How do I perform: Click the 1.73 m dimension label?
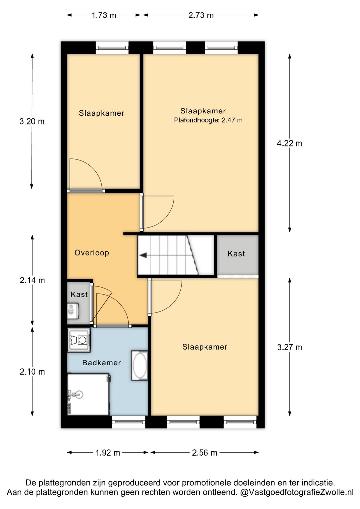[x=104, y=15]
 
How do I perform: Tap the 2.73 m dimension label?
[x=201, y=15]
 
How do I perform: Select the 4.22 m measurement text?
[x=289, y=144]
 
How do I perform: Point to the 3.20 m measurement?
[x=32, y=121]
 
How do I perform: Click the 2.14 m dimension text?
[x=32, y=281]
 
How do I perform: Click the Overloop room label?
[x=92, y=253]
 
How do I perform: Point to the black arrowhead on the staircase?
[x=143, y=255]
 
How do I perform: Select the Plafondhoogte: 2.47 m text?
[x=208, y=120]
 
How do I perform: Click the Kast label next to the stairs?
[x=236, y=253]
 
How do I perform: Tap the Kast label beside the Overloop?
[x=79, y=294]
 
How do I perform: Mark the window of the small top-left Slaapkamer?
[x=112, y=48]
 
